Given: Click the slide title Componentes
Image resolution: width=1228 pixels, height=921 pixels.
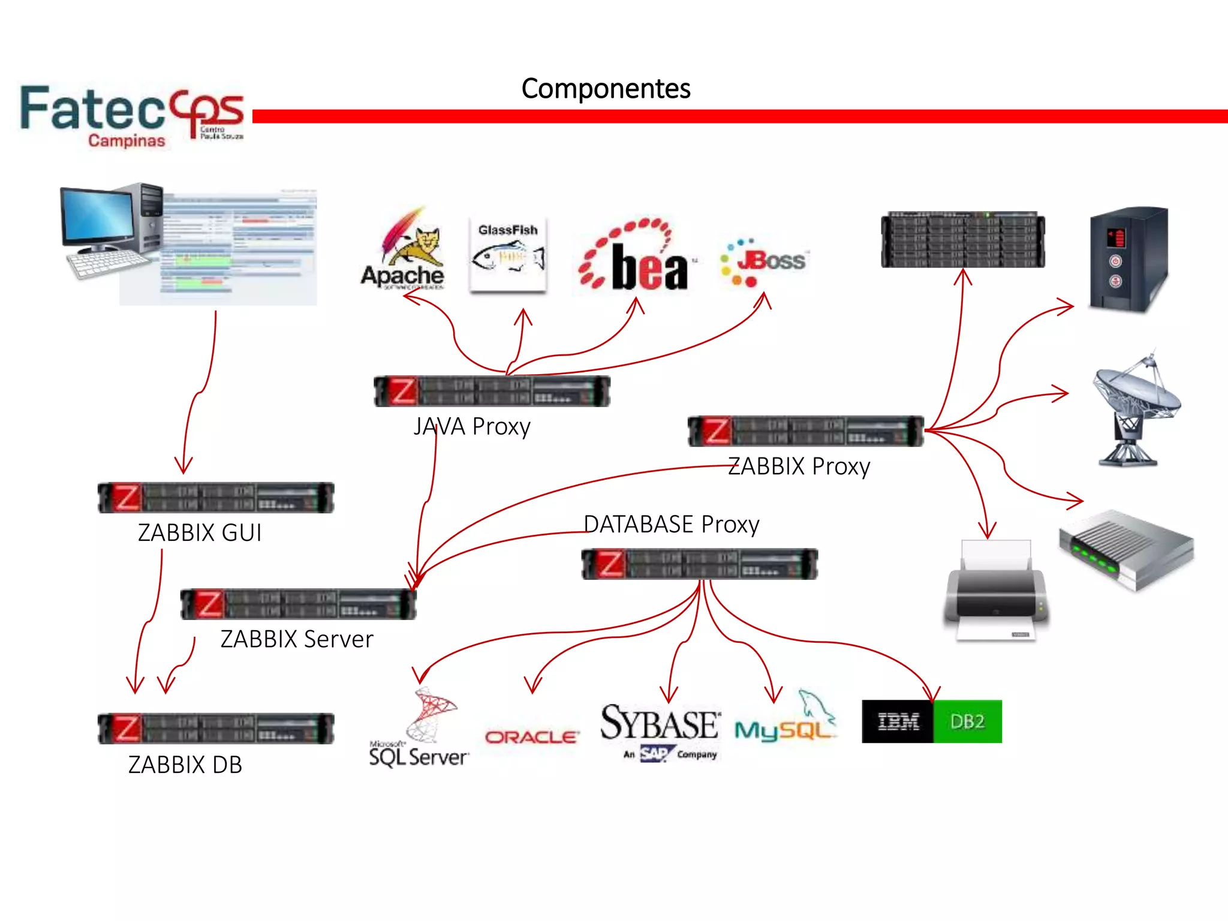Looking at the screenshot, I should click(606, 89).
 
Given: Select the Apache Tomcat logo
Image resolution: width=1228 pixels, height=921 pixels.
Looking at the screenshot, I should click(404, 252).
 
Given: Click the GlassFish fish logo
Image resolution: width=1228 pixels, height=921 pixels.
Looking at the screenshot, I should click(507, 255).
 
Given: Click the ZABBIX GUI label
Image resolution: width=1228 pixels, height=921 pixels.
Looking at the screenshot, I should click(200, 532).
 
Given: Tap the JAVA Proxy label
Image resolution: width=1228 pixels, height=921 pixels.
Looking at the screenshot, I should click(472, 427).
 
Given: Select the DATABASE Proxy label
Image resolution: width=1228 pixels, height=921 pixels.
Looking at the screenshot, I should click(671, 524).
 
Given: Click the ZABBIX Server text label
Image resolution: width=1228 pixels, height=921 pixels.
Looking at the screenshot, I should click(297, 639).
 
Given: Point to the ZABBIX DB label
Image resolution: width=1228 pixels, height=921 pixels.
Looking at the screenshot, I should click(185, 765).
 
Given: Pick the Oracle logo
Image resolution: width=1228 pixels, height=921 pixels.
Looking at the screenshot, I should click(531, 738).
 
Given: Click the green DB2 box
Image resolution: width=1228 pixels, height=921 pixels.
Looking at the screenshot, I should click(967, 721).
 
